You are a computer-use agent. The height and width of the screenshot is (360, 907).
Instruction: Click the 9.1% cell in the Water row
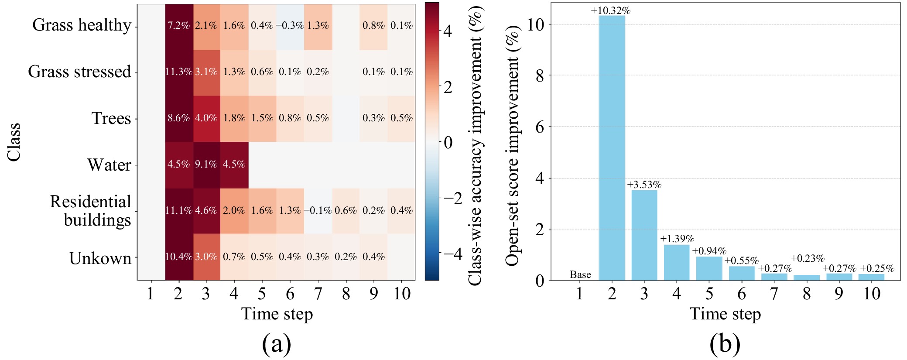tap(206, 165)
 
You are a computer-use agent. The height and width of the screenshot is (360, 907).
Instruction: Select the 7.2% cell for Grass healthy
tap(178, 26)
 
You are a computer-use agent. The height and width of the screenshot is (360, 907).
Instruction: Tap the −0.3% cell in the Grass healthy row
tap(290, 26)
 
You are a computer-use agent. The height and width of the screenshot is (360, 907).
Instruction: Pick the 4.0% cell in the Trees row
tap(206, 118)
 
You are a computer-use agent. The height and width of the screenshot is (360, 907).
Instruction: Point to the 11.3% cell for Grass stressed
tap(178, 72)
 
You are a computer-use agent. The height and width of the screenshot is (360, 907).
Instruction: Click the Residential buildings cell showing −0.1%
tap(318, 211)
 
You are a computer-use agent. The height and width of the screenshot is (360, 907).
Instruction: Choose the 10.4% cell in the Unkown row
tap(178, 257)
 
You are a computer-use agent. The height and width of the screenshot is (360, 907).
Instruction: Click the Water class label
tap(109, 165)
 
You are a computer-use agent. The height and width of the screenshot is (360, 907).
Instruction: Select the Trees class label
tap(111, 118)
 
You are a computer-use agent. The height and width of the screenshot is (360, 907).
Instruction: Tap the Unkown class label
tap(100, 258)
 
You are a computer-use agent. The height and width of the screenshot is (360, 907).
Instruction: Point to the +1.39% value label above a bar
tap(677, 239)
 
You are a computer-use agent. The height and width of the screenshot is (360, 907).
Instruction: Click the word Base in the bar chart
tap(580, 274)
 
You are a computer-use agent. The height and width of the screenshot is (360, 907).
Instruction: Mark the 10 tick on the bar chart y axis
tap(536, 24)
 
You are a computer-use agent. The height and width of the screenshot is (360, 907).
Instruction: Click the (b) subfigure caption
tap(725, 344)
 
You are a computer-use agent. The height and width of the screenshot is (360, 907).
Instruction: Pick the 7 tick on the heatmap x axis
tap(318, 294)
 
